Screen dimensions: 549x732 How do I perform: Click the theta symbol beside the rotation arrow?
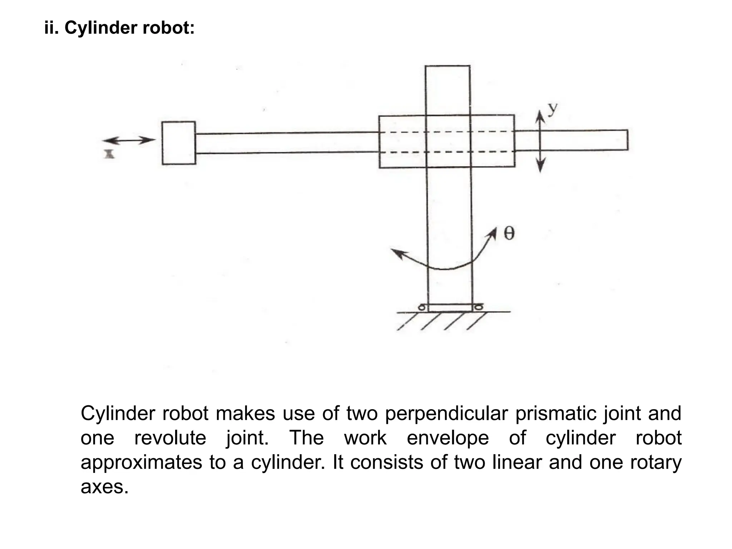pyautogui.click(x=509, y=233)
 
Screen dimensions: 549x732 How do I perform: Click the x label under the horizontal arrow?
pyautogui.click(x=109, y=154)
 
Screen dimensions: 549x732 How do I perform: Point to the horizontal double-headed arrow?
pyautogui.click(x=129, y=140)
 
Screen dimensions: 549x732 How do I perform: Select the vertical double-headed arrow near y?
pyautogui.click(x=540, y=141)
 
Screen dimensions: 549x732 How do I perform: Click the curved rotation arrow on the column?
pyautogui.click(x=445, y=263)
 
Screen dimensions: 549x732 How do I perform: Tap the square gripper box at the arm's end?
pyautogui.click(x=179, y=143)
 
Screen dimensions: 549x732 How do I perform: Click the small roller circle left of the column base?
pyautogui.click(x=422, y=307)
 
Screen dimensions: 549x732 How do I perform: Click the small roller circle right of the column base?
pyautogui.click(x=478, y=307)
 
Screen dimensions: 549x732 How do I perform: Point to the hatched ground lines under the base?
pyautogui.click(x=443, y=321)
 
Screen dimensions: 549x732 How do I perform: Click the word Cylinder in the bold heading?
pyautogui.click(x=101, y=28)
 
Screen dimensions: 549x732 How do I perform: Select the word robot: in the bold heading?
pyautogui.click(x=168, y=28)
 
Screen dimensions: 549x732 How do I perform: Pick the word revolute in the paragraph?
pyautogui.click(x=170, y=438)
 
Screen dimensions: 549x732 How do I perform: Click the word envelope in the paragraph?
pyautogui.click(x=447, y=439)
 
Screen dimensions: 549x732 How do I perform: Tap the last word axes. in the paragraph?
pyautogui.click(x=104, y=487)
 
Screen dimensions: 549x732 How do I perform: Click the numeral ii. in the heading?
pyautogui.click(x=51, y=28)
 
